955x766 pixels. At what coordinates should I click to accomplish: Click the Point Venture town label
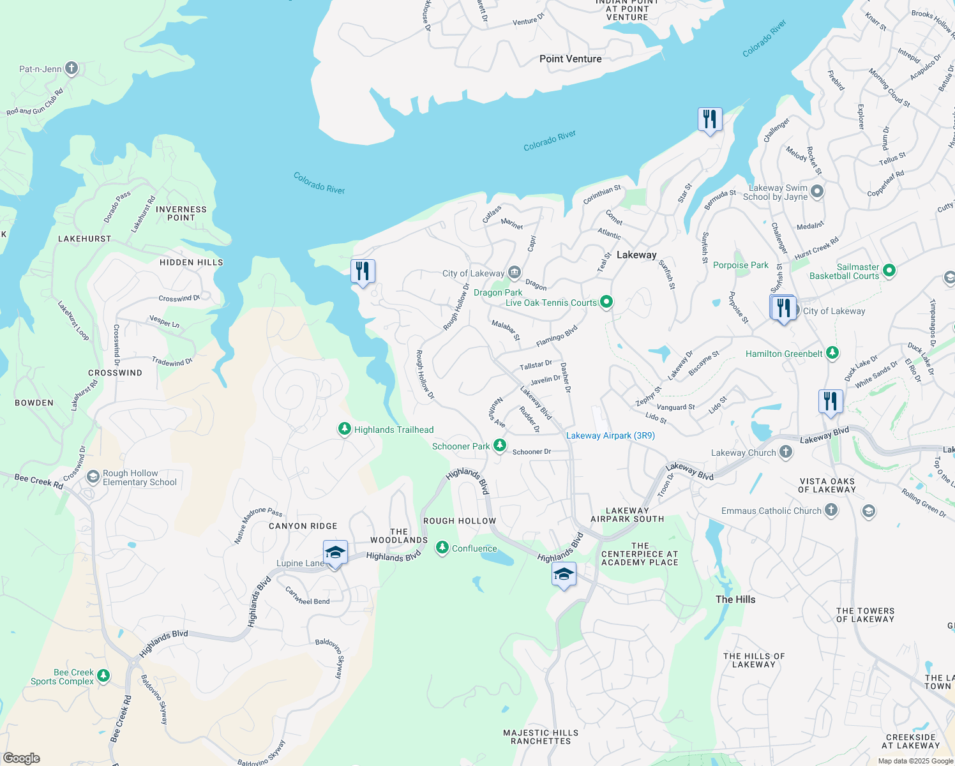click(570, 59)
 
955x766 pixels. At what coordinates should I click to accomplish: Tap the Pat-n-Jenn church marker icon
click(71, 68)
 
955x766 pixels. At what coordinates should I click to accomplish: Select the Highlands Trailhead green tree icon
click(345, 429)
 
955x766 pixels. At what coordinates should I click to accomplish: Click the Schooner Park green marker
click(500, 446)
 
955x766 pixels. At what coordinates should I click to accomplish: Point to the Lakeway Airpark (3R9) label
click(610, 435)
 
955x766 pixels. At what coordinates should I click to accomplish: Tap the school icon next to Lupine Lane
click(335, 553)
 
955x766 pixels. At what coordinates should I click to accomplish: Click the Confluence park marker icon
click(442, 548)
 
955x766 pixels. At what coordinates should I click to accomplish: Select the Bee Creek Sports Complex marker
click(103, 675)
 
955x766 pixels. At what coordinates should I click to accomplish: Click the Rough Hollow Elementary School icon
click(93, 477)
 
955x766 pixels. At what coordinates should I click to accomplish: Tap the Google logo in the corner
click(22, 758)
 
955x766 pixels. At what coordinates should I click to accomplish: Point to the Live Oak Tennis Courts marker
click(606, 302)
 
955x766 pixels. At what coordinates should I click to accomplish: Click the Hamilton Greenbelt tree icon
click(832, 353)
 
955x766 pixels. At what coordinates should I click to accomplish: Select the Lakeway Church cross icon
click(786, 452)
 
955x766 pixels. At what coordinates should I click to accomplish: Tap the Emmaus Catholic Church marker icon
click(831, 510)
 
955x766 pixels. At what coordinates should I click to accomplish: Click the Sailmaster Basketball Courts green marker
click(889, 271)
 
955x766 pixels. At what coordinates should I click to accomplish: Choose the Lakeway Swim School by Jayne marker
click(817, 191)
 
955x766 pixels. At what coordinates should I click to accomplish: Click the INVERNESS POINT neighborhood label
click(181, 213)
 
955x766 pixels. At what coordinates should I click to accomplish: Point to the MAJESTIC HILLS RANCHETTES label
click(541, 737)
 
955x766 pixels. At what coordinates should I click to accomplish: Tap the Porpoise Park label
click(741, 265)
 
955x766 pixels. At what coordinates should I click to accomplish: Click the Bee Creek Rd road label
click(38, 480)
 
